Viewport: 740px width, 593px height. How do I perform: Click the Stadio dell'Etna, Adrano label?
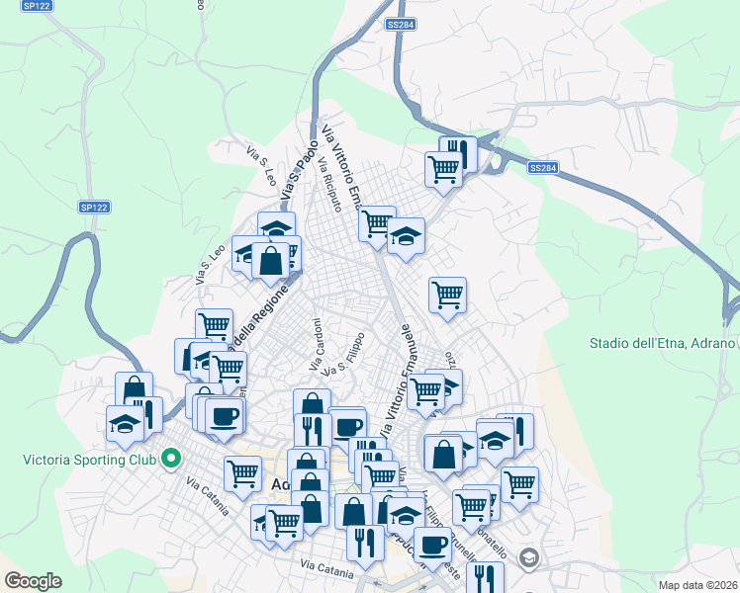click(662, 343)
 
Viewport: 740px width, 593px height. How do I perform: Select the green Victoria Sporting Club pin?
click(170, 459)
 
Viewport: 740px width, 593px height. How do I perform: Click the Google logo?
click(33, 581)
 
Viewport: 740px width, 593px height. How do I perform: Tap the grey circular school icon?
click(528, 559)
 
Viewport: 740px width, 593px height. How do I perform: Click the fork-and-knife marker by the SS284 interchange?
click(458, 153)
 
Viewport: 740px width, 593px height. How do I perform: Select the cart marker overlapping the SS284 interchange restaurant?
click(443, 168)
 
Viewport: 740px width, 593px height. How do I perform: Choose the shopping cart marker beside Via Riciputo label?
click(376, 223)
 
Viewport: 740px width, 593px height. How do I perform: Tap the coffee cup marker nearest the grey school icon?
click(430, 544)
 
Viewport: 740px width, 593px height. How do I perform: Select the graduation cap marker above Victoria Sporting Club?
click(125, 422)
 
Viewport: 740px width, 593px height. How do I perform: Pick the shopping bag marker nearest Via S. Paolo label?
click(269, 260)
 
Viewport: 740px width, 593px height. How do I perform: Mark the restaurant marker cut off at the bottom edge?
click(485, 577)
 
